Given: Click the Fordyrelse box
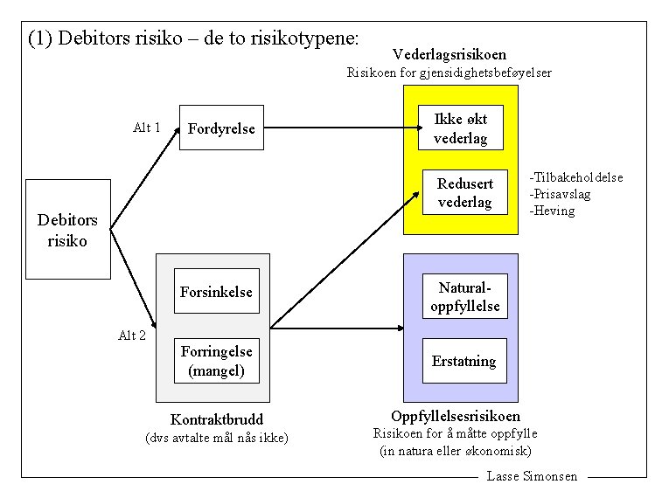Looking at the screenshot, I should point(221,128).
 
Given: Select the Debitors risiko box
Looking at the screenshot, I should point(68,230).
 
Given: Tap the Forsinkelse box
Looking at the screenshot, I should point(216,292).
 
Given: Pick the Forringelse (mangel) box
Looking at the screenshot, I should point(216,361).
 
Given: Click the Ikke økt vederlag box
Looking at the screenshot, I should point(460,128).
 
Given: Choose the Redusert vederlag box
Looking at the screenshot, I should point(464,193).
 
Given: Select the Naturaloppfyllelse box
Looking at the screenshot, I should point(464,297).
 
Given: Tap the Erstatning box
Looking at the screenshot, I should point(463,361).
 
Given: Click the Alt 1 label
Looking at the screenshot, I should point(146,128).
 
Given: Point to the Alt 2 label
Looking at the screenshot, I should point(132,335).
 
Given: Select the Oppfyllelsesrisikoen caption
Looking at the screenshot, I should point(456,416).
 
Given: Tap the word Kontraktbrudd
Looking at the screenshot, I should point(216,419).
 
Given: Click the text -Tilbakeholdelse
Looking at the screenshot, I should point(576,177).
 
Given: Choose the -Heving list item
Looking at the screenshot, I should point(552,211).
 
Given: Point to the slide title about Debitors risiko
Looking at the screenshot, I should point(193,38).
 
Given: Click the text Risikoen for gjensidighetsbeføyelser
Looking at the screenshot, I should point(449,73).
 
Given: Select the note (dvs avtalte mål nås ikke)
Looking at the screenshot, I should point(216,437).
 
